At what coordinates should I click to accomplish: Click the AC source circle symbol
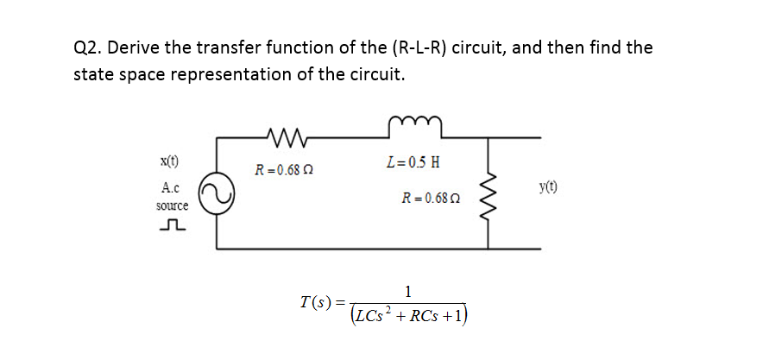click(x=216, y=198)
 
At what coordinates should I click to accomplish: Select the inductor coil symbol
click(x=416, y=130)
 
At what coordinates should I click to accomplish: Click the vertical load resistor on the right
click(x=490, y=193)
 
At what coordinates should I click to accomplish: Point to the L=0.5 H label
click(x=415, y=162)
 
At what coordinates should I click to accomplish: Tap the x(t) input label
click(x=170, y=161)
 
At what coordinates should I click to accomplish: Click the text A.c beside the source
click(x=170, y=187)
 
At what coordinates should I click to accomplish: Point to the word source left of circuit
click(x=172, y=206)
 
